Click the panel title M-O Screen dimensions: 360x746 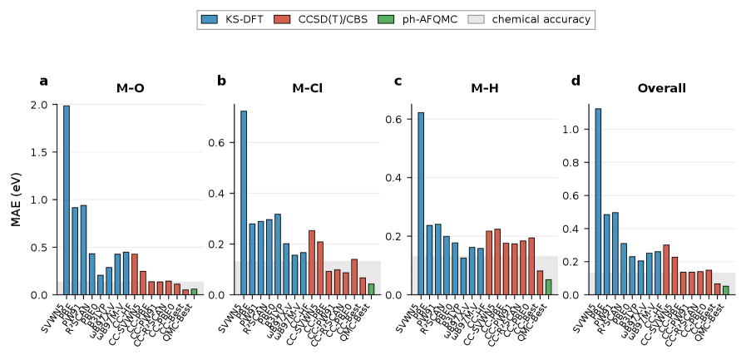click(130, 88)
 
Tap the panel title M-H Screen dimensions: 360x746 click(485, 88)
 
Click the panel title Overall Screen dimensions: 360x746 click(661, 88)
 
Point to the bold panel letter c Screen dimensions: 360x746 click(398, 81)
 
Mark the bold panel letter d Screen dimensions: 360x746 click(576, 81)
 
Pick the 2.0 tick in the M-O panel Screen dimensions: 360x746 click(39, 106)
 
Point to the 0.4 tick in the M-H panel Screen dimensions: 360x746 click(395, 178)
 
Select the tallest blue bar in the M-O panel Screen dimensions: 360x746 click(67, 200)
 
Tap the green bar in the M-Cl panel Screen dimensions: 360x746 click(371, 289)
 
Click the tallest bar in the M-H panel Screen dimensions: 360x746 click(421, 204)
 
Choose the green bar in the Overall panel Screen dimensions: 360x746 click(725, 290)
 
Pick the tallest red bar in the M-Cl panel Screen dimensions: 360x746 click(311, 263)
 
